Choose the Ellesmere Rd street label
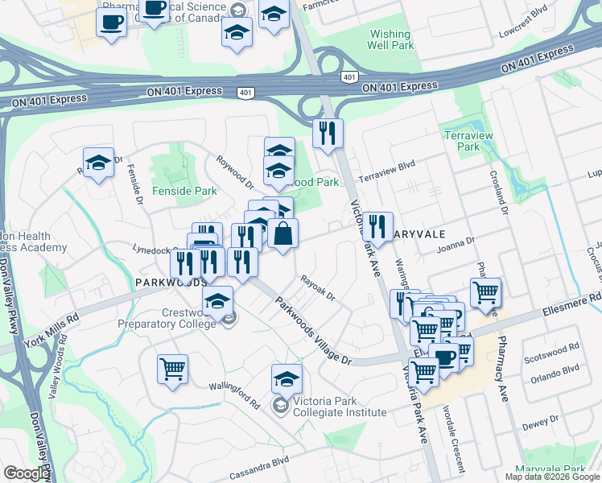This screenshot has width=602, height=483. [573, 300]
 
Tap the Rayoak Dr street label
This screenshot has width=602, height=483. [317, 287]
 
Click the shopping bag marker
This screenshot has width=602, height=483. [283, 235]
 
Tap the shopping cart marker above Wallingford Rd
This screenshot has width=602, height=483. [172, 369]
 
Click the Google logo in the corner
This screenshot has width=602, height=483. [27, 474]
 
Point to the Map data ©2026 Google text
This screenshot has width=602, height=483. [551, 477]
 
